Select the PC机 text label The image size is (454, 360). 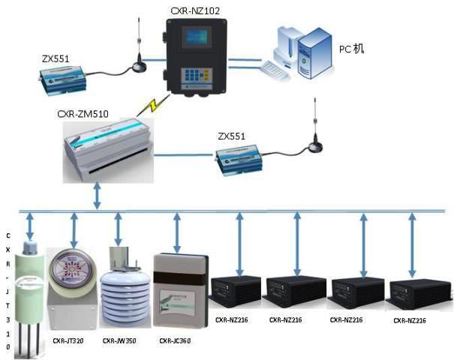(x=351, y=49)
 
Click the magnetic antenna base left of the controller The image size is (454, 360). (x=139, y=67)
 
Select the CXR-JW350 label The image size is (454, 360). (x=120, y=340)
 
